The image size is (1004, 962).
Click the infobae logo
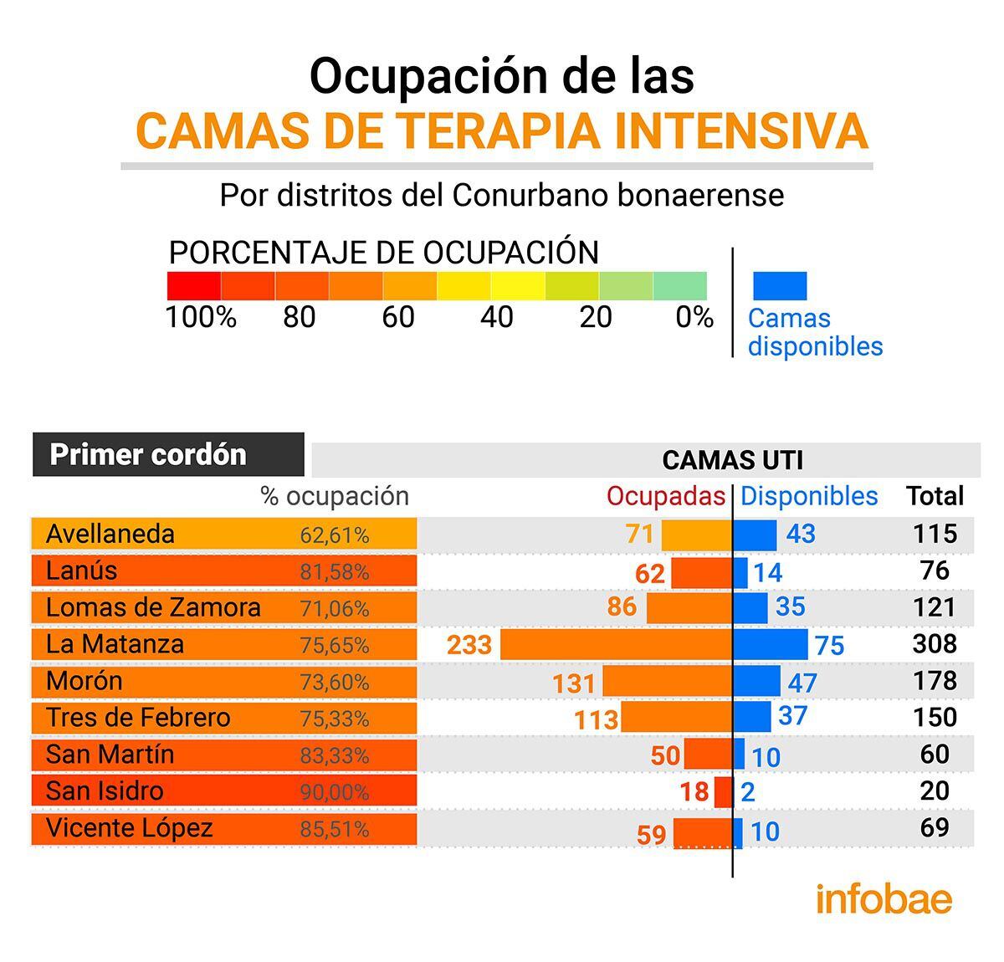(884, 899)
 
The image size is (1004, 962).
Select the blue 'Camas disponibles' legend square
(780, 285)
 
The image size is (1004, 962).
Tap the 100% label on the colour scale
(201, 317)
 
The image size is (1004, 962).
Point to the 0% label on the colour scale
(694, 317)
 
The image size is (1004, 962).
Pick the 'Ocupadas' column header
(665, 496)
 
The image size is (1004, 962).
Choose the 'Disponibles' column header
(809, 496)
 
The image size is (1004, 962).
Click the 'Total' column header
(935, 496)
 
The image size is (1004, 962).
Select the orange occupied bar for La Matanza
(617, 645)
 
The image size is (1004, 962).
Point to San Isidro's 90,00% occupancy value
(335, 792)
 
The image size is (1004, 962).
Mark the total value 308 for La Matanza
(935, 643)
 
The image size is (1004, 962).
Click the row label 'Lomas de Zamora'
(153, 607)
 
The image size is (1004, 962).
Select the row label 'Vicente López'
(130, 828)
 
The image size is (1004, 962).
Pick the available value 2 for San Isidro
(748, 792)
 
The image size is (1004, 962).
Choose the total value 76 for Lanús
(935, 571)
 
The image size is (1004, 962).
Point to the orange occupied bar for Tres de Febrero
(676, 718)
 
